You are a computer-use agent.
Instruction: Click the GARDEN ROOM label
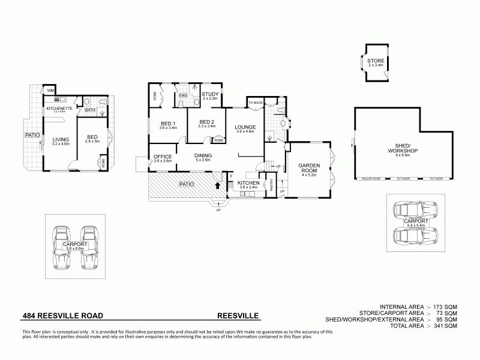[309, 167]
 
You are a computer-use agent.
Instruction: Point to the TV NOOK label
[256, 103]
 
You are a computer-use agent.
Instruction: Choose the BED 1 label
[168, 123]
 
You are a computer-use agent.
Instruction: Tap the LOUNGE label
[245, 127]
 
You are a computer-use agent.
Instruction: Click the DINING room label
[203, 157]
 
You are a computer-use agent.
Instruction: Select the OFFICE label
[163, 157]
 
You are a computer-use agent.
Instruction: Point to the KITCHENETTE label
[59, 108]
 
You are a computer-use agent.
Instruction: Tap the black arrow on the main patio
[217, 185]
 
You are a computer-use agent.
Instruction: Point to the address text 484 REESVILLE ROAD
[63, 314]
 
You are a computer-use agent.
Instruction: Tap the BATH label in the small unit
[90, 110]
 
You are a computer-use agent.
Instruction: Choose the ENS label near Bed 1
[182, 95]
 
